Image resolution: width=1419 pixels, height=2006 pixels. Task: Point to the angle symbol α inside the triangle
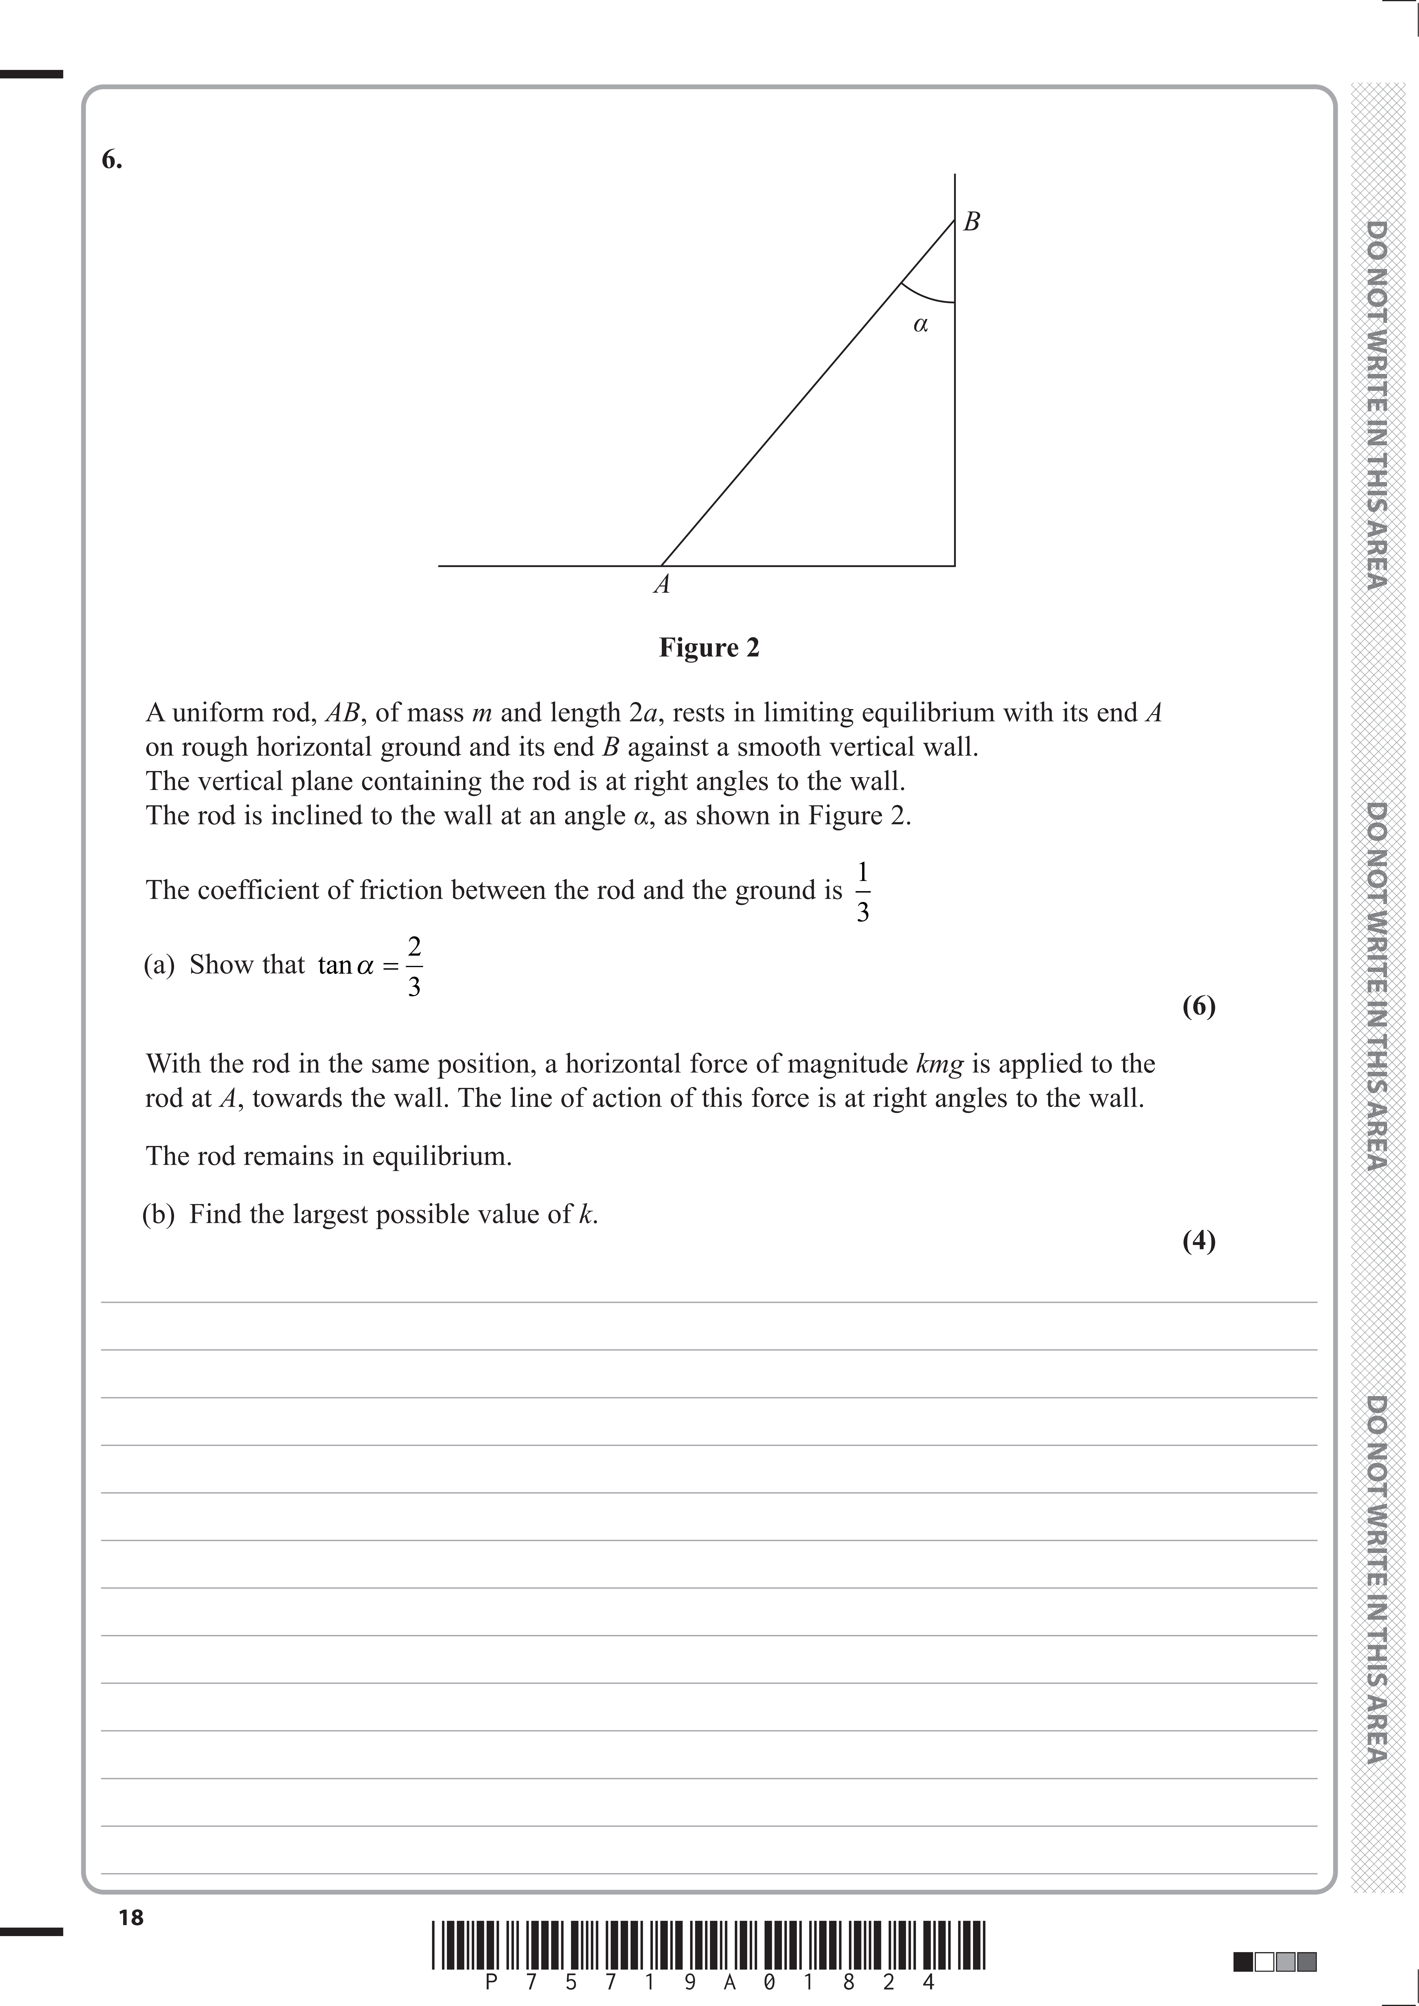920,325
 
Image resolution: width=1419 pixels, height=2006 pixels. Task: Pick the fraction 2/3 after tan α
414,966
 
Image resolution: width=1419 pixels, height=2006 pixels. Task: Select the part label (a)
159,965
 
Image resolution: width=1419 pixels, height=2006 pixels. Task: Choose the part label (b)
159,1214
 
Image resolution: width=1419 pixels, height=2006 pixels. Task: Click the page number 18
131,1918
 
